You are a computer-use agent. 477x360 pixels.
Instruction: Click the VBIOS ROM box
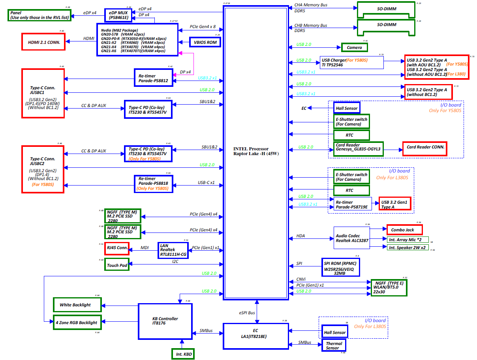[205, 42]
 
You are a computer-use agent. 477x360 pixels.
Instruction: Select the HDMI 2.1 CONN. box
[44, 42]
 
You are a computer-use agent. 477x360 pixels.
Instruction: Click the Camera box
[354, 47]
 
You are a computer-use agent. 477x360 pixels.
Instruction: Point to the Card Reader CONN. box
[425, 148]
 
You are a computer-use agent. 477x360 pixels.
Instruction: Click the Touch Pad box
[117, 265]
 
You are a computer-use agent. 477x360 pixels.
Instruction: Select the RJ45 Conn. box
[117, 248]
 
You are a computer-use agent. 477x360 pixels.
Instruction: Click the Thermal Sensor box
[334, 345]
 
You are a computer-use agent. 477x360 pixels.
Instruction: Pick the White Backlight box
[77, 305]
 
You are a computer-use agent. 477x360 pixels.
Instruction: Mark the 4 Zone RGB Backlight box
[77, 322]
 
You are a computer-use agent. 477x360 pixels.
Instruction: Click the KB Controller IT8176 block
[165, 321]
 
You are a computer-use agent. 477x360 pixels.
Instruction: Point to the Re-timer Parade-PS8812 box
[153, 78]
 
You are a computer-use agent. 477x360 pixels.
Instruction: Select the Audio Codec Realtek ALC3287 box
[352, 238]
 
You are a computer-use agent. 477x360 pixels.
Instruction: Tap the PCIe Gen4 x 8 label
[203, 27]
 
